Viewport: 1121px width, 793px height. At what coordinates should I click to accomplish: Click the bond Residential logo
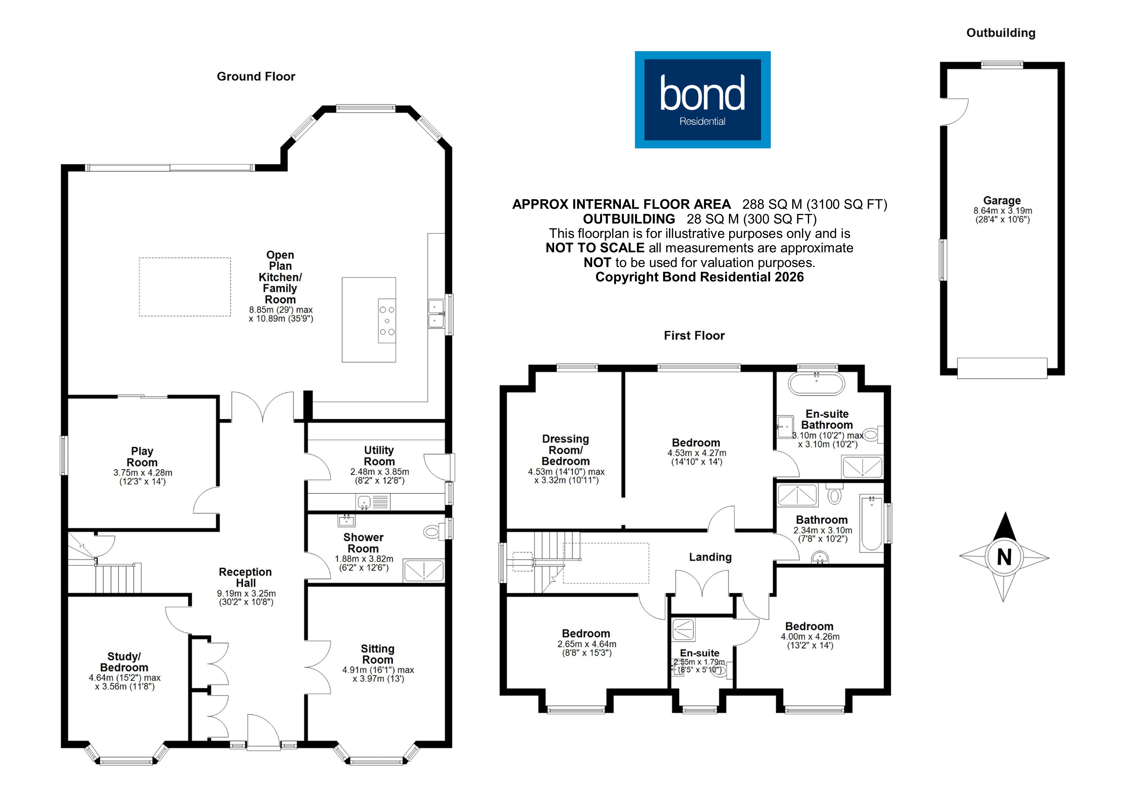(x=702, y=100)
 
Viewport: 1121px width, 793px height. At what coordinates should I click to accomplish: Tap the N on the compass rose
(x=1004, y=557)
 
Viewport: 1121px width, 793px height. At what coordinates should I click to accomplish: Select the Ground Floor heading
(x=256, y=77)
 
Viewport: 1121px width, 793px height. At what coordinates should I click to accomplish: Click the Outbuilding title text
(x=1001, y=33)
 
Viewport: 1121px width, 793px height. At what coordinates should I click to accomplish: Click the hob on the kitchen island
(x=387, y=320)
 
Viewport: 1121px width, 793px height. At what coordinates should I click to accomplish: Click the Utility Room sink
(x=364, y=501)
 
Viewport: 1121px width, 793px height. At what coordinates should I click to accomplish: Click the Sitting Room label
(x=377, y=654)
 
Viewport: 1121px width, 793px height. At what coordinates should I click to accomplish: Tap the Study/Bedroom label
(x=124, y=662)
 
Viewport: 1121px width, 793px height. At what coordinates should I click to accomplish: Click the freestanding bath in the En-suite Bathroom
(x=816, y=384)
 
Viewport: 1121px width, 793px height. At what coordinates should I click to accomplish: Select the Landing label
(x=710, y=557)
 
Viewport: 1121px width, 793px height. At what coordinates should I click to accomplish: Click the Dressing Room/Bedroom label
(x=565, y=450)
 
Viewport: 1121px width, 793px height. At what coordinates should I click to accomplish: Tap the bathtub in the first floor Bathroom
(x=871, y=524)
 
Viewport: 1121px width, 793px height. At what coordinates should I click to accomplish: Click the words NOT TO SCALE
(x=595, y=248)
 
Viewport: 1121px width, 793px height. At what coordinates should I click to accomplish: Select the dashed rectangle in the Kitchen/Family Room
(x=185, y=287)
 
